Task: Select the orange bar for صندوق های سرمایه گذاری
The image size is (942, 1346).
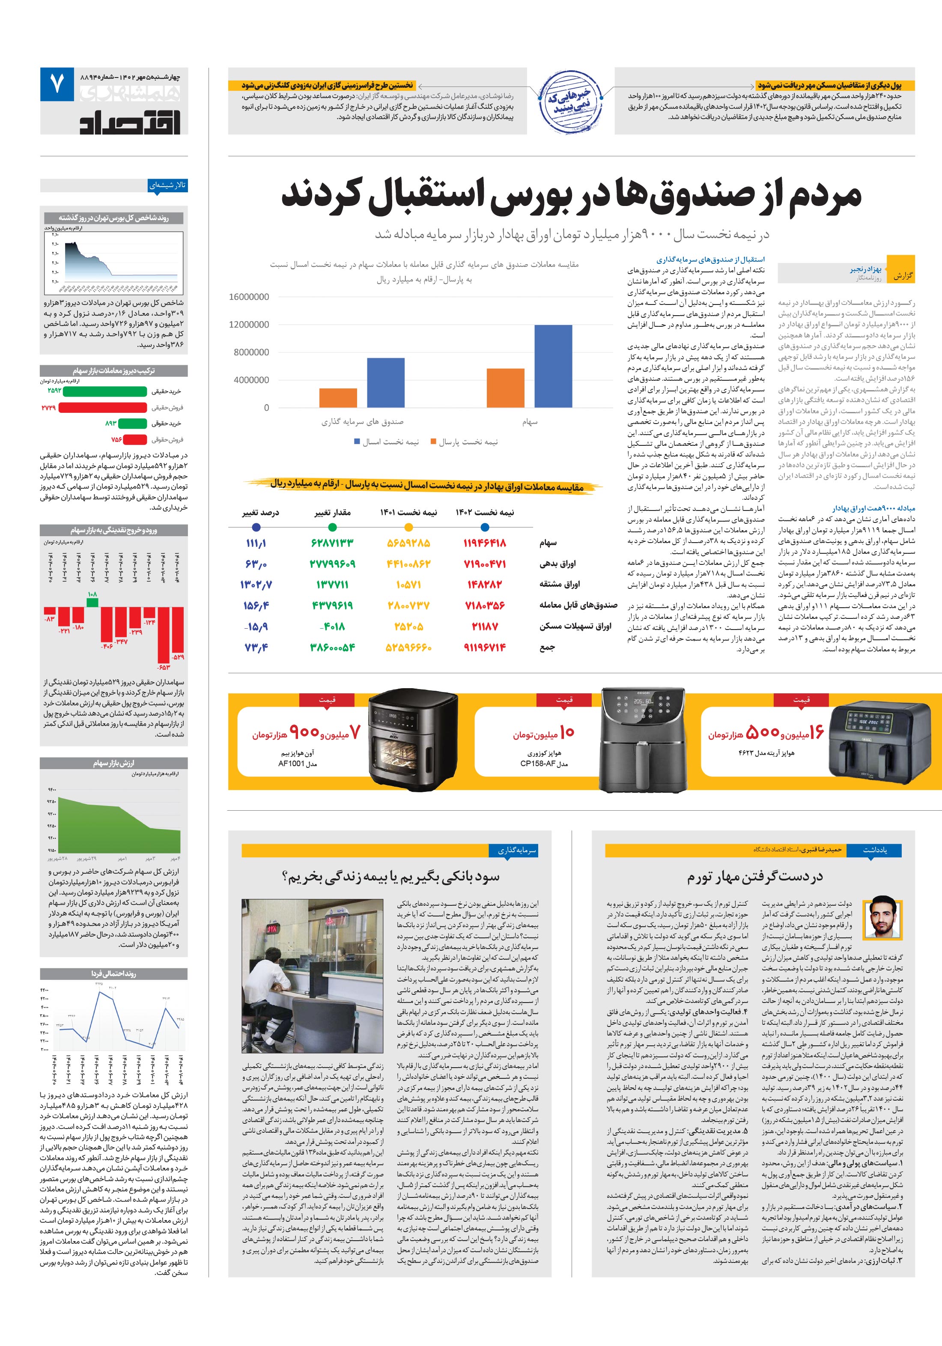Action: [x=338, y=397]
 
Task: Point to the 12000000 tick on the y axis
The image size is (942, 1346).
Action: [x=249, y=324]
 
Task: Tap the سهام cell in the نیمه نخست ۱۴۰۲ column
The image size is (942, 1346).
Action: [x=484, y=543]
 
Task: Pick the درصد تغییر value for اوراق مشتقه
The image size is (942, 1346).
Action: [x=256, y=585]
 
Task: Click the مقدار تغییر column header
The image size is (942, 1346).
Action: [x=332, y=512]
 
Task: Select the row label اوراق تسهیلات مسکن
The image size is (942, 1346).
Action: [x=575, y=626]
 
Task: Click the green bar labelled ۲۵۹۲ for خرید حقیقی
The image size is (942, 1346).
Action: [x=105, y=391]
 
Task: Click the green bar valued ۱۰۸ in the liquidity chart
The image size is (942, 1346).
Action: [x=92, y=602]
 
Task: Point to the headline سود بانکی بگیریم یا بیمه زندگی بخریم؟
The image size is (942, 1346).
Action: [x=391, y=877]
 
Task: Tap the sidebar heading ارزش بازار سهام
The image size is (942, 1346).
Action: [x=114, y=763]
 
